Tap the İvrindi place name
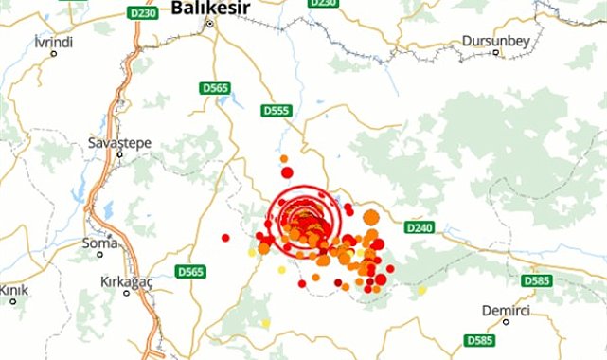53,43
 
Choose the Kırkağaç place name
128,282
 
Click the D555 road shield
277,110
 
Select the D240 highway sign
418,227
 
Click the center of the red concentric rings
303,222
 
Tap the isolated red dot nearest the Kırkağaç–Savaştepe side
225,237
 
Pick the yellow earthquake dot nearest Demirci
422,289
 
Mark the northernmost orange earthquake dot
283,158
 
